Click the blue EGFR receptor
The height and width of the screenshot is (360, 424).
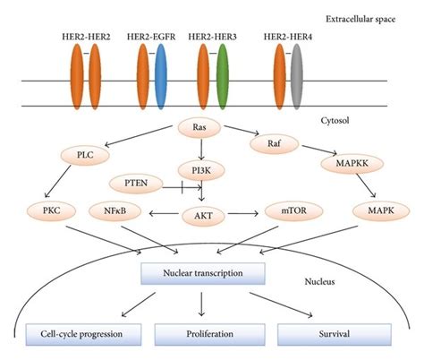click(161, 71)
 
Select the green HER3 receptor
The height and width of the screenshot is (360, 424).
click(222, 71)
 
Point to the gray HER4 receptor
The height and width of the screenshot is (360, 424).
click(296, 71)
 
